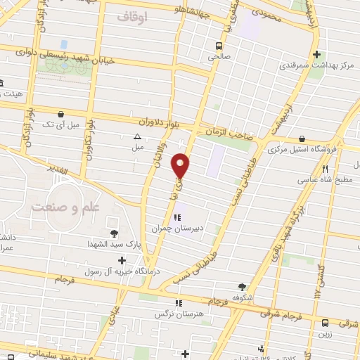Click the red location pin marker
pos(181,165)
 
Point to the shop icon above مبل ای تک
pos(61,113)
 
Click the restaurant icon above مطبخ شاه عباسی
pos(325,169)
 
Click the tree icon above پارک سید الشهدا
pos(112,233)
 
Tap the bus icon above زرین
pos(325,323)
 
